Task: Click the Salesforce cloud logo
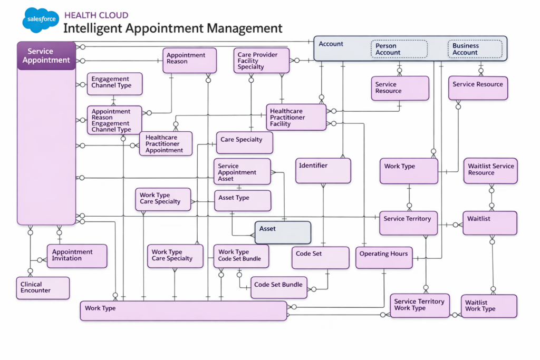pyautogui.click(x=40, y=21)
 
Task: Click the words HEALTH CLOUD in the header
pyautogui.click(x=96, y=15)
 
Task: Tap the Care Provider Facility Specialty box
pyautogui.click(x=262, y=61)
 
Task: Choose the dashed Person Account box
pyautogui.click(x=399, y=49)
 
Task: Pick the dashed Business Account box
pyautogui.click(x=475, y=49)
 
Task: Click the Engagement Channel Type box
pyautogui.click(x=114, y=84)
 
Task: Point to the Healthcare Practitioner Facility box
pyautogui.click(x=296, y=117)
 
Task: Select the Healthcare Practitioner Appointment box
pyautogui.click(x=166, y=144)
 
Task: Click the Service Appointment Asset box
pyautogui.click(x=242, y=172)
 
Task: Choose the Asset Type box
pyautogui.click(x=242, y=200)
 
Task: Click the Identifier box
pyautogui.click(x=323, y=171)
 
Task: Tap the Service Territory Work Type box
pyautogui.click(x=420, y=305)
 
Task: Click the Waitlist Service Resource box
pyautogui.click(x=490, y=170)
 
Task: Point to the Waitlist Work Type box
pyautogui.click(x=488, y=306)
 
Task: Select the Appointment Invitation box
pyautogui.click(x=77, y=256)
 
